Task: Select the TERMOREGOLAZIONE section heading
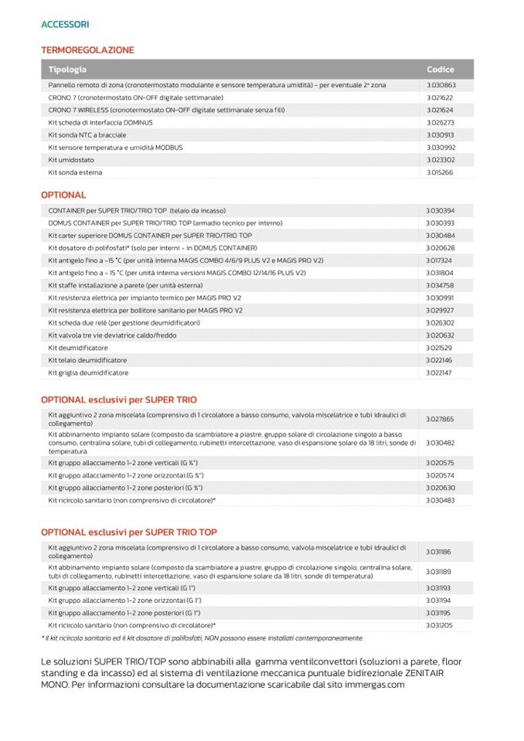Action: pyautogui.click(x=87, y=50)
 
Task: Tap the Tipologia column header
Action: pyautogui.click(x=67, y=70)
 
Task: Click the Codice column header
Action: pyautogui.click(x=440, y=70)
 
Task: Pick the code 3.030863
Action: pyautogui.click(x=440, y=85)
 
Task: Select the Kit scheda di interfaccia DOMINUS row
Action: pyautogui.click(x=100, y=123)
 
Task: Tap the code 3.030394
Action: pyautogui.click(x=440, y=210)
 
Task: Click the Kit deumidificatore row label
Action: pyautogui.click(x=77, y=348)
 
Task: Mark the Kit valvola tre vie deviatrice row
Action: pyautogui.click(x=100, y=335)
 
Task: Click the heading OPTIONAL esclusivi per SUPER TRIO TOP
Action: pyautogui.click(x=128, y=532)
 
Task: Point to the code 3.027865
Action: pyautogui.click(x=440, y=419)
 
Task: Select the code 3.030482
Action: pyautogui.click(x=440, y=443)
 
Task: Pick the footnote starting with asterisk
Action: pyautogui.click(x=202, y=637)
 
